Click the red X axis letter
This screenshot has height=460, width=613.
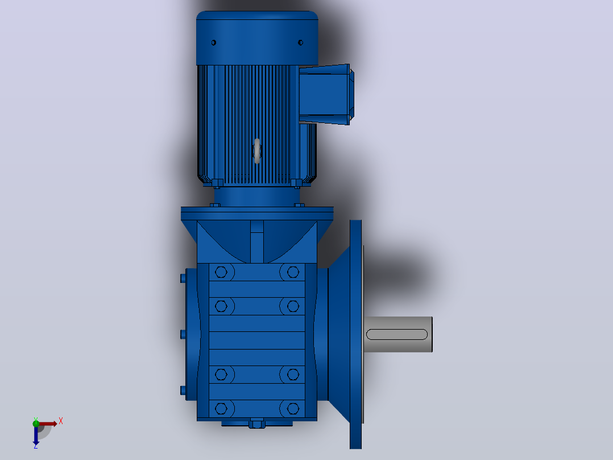[x=61, y=421]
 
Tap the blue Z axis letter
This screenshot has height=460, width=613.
[x=36, y=446]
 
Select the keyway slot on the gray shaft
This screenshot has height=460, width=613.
[x=397, y=334]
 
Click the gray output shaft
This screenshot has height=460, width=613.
[x=398, y=334]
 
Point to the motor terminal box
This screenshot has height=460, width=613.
[x=326, y=95]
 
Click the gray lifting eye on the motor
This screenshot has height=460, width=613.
[x=257, y=151]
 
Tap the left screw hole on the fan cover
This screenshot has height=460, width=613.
[x=213, y=43]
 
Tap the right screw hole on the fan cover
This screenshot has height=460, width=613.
[x=300, y=43]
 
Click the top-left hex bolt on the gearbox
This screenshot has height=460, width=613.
[x=221, y=272]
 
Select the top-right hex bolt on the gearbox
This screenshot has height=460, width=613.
[x=293, y=272]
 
